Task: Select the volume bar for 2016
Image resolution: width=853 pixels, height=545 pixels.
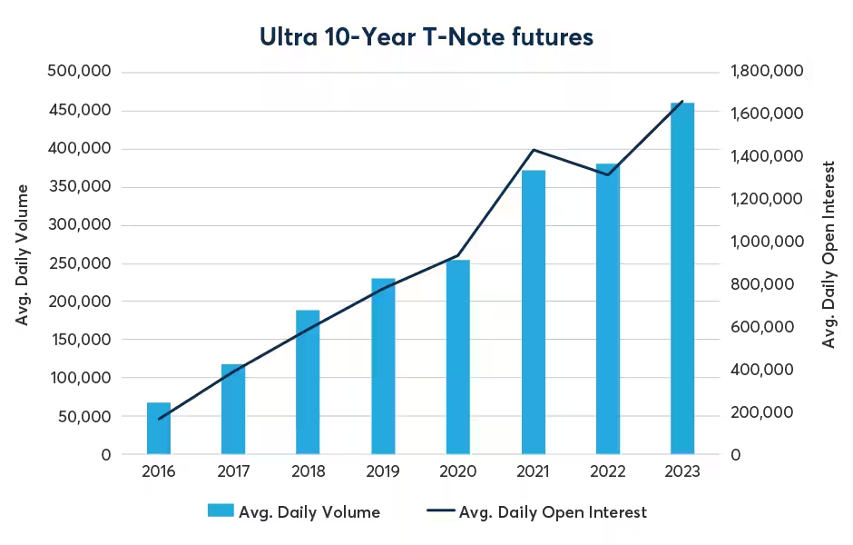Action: (x=159, y=429)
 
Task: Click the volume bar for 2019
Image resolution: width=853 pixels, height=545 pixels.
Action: (x=384, y=366)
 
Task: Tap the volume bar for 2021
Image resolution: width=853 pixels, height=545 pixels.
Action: (x=534, y=312)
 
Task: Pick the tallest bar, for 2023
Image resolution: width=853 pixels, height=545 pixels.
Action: (x=682, y=278)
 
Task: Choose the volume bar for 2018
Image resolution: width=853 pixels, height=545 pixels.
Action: (x=308, y=382)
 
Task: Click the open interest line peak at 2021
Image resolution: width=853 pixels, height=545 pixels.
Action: (x=534, y=150)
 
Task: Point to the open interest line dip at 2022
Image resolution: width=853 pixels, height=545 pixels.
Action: (x=608, y=174)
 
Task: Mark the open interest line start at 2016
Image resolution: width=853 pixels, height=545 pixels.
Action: (x=159, y=420)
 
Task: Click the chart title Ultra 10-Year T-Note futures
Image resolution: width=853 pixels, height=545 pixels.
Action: (x=426, y=37)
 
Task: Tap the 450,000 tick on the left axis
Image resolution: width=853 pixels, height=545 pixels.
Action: (x=80, y=110)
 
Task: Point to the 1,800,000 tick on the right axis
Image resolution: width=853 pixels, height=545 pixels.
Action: (x=767, y=70)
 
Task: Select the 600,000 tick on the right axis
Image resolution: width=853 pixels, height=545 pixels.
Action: (x=762, y=327)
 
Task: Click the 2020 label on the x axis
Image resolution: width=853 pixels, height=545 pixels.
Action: (x=457, y=471)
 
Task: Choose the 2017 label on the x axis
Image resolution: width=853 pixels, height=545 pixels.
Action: (x=233, y=471)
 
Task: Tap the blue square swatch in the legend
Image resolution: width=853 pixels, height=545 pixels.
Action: (x=221, y=510)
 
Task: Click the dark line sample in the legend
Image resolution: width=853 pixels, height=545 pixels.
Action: (x=441, y=510)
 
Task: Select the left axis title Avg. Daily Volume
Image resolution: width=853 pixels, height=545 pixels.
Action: (x=21, y=255)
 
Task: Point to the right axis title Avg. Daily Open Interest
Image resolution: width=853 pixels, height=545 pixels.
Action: (x=828, y=254)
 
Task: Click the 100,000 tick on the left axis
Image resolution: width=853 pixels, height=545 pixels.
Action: (x=81, y=377)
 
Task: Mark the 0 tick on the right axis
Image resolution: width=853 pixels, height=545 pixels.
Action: (x=736, y=454)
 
